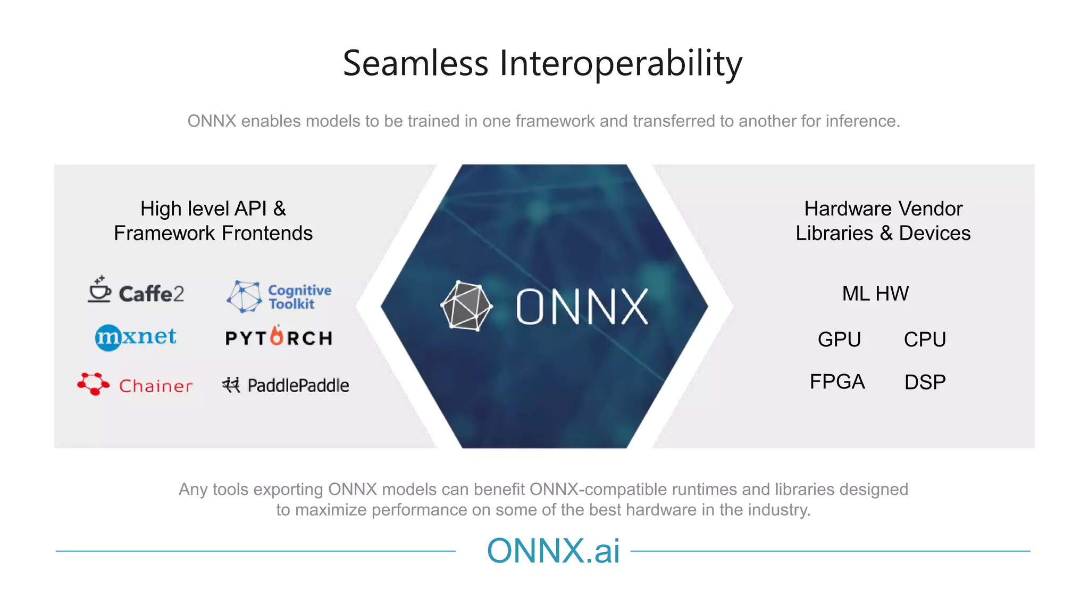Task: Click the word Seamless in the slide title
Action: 415,63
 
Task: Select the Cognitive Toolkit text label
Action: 299,297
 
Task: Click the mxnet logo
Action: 136,337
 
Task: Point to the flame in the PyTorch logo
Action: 277,336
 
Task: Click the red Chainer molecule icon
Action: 93,383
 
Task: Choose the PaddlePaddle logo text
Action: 298,385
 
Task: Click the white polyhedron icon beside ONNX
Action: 466,306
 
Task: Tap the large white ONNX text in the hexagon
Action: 582,307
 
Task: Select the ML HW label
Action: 875,293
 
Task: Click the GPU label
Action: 839,339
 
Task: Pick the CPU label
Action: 925,339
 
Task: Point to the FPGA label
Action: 837,382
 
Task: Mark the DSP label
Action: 925,382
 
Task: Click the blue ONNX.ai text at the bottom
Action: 553,551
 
